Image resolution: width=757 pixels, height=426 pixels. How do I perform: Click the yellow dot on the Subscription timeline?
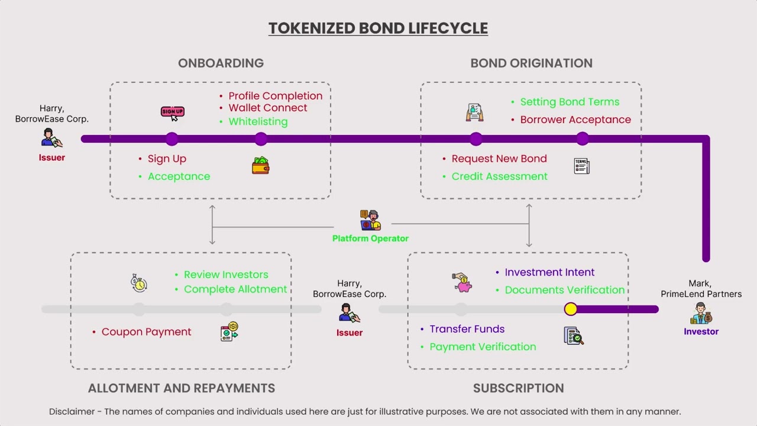(571, 309)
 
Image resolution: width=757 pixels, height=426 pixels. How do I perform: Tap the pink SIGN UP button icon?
(173, 113)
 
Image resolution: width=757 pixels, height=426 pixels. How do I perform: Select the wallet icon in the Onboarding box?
(261, 165)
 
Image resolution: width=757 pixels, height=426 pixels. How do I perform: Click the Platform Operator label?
(370, 238)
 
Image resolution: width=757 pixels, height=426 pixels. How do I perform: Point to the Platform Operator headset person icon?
(370, 220)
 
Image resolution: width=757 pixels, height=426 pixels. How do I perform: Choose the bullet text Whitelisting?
(258, 122)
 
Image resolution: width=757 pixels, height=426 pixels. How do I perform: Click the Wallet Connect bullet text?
(268, 108)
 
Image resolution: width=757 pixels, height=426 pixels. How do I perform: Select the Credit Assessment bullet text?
(500, 176)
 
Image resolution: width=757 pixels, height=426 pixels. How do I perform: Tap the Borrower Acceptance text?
(575, 120)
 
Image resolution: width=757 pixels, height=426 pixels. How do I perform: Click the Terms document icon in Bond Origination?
(581, 166)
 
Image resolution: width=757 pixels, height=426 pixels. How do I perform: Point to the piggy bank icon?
(462, 283)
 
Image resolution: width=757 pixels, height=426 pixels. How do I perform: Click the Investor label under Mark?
(701, 332)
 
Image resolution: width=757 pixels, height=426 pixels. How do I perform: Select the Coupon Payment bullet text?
(146, 332)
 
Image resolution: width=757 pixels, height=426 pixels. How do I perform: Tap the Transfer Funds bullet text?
(467, 329)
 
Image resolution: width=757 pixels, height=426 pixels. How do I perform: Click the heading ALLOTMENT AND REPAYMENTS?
(182, 388)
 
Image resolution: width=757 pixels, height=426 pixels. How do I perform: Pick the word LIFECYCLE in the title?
(448, 28)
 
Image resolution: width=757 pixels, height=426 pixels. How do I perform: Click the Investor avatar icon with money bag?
(701, 313)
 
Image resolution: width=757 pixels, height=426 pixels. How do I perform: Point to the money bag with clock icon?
(138, 283)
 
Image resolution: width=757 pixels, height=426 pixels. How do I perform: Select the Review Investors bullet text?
(226, 275)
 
